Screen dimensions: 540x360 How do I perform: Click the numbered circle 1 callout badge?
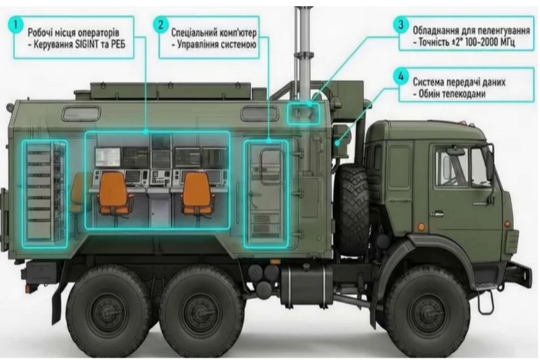coord(16,25)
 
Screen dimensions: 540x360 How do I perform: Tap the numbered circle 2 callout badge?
coord(160,25)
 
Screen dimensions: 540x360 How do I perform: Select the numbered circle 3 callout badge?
coord(400,25)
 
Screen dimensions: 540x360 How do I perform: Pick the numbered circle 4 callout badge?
coord(400,76)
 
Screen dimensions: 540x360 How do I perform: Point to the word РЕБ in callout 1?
coord(118,45)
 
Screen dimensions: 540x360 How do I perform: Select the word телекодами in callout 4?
coord(464,94)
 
